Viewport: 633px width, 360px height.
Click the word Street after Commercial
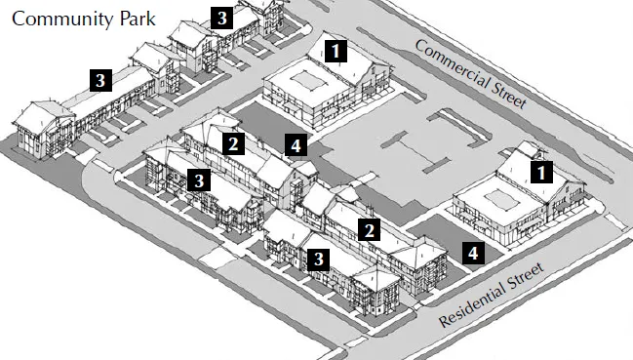(x=508, y=94)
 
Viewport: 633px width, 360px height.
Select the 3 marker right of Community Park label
(x=223, y=17)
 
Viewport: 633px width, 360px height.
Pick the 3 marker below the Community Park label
(x=99, y=80)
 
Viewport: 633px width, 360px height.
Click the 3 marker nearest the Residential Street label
(x=318, y=259)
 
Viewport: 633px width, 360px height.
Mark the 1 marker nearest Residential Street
(x=541, y=172)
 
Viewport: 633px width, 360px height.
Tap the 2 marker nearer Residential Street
(x=369, y=230)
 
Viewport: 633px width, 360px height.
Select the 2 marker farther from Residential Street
(x=232, y=144)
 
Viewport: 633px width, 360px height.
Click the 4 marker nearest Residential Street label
(x=472, y=253)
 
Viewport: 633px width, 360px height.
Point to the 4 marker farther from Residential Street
(x=296, y=146)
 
